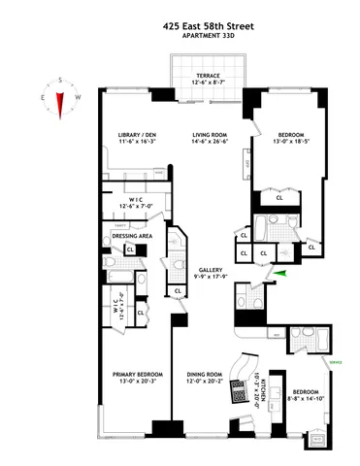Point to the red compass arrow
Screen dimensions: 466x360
point(60,101)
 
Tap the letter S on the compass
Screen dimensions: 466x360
point(60,82)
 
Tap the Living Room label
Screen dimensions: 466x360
point(210,135)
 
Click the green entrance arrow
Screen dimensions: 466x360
point(279,275)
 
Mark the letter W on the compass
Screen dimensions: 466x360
point(80,97)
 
